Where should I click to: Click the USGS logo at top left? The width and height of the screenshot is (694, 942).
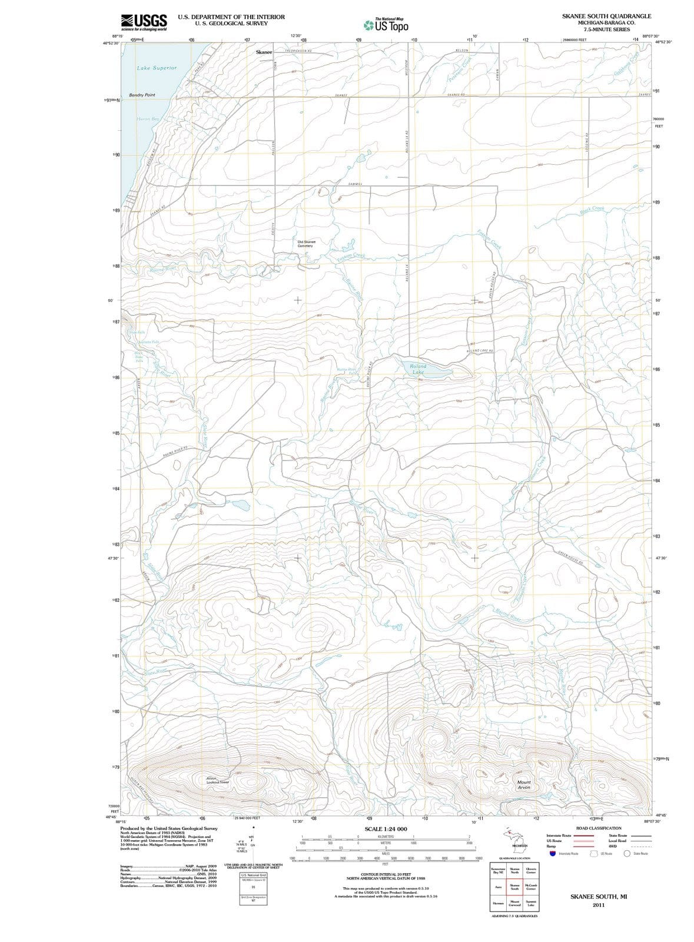coord(144,22)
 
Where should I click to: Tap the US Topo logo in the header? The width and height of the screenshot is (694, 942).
coord(386,25)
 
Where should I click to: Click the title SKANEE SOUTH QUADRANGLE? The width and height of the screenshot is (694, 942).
coord(606,16)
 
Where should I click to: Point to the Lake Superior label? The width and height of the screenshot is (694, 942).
coord(157,68)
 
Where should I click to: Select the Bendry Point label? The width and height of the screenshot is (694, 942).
coord(142,95)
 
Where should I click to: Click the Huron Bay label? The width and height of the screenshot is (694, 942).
coord(148,119)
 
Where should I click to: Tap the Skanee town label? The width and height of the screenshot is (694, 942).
coord(264,52)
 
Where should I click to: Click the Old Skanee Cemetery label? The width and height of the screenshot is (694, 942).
coord(306,244)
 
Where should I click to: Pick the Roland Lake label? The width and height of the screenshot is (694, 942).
coord(418,369)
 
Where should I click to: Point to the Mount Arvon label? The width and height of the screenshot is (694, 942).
coord(523,785)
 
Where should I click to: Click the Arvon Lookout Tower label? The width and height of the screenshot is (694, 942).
coord(217,780)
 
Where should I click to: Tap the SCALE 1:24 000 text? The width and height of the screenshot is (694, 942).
coord(386,829)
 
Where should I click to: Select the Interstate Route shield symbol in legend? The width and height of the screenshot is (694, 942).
coord(552,853)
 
